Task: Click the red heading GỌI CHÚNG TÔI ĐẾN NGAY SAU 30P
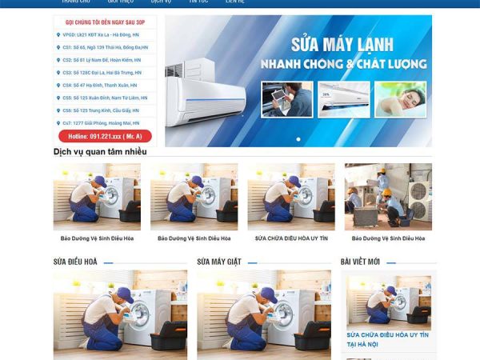click(x=104, y=22)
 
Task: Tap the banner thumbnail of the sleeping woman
click(x=401, y=99)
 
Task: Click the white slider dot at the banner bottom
click(x=298, y=139)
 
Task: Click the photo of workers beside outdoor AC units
click(x=388, y=197)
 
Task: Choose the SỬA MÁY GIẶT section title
click(x=218, y=262)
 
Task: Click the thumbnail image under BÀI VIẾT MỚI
click(x=388, y=300)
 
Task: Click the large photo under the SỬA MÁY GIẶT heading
click(x=263, y=312)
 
